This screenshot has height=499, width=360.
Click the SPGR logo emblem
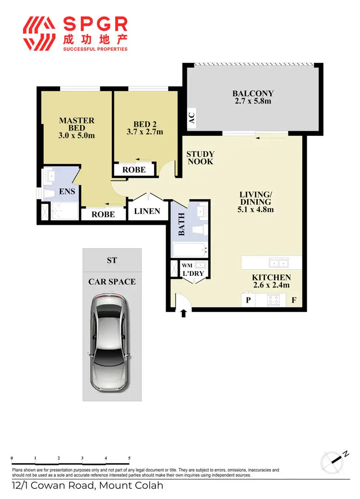pos(41,34)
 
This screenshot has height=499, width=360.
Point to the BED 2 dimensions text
pos(144,132)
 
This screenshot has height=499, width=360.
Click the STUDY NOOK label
pos(200,157)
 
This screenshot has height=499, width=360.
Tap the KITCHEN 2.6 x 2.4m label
pos(271,281)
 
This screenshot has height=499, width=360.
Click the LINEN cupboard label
pos(147,211)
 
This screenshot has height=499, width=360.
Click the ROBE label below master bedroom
pos(103,214)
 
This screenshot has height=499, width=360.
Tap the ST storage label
pos(112,261)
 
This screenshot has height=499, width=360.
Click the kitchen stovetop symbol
pos(273,300)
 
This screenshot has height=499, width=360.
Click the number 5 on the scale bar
pos(129,459)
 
